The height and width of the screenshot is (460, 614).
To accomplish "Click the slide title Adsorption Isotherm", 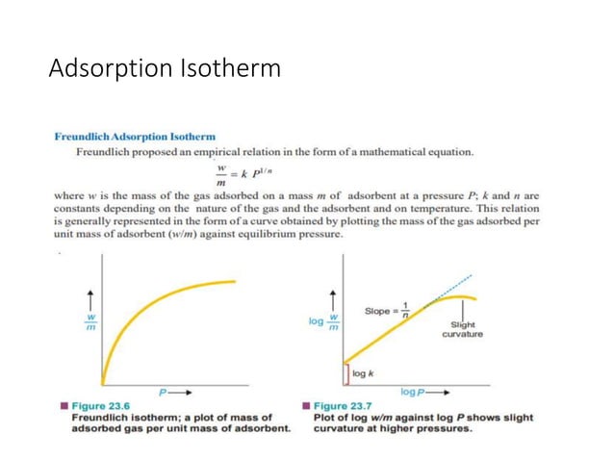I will [x=165, y=70].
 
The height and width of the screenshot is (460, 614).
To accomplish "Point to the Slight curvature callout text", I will [x=463, y=330].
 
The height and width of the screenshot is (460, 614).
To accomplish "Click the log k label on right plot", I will [x=366, y=372].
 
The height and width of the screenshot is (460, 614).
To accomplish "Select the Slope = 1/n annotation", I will [x=387, y=312].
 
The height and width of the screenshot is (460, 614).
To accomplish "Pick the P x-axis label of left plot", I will [x=166, y=393].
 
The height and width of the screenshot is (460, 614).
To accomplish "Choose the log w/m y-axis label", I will [x=323, y=320].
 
